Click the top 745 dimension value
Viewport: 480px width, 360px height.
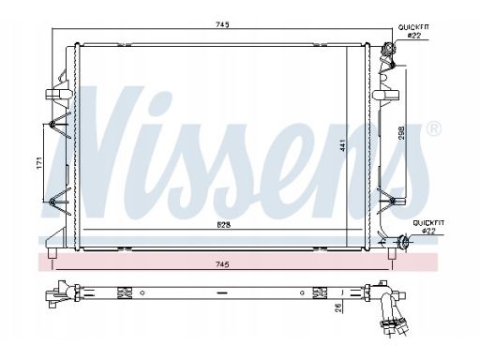(222, 24)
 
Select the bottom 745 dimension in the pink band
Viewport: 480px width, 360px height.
(222, 264)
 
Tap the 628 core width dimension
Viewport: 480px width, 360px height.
(224, 225)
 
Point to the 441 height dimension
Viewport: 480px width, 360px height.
(343, 145)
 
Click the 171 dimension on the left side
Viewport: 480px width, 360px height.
(39, 163)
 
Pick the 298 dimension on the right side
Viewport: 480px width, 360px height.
(401, 132)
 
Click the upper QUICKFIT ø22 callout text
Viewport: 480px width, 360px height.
(413, 31)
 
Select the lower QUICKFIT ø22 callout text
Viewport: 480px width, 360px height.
(428, 227)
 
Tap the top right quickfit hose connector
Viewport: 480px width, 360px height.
(388, 50)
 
